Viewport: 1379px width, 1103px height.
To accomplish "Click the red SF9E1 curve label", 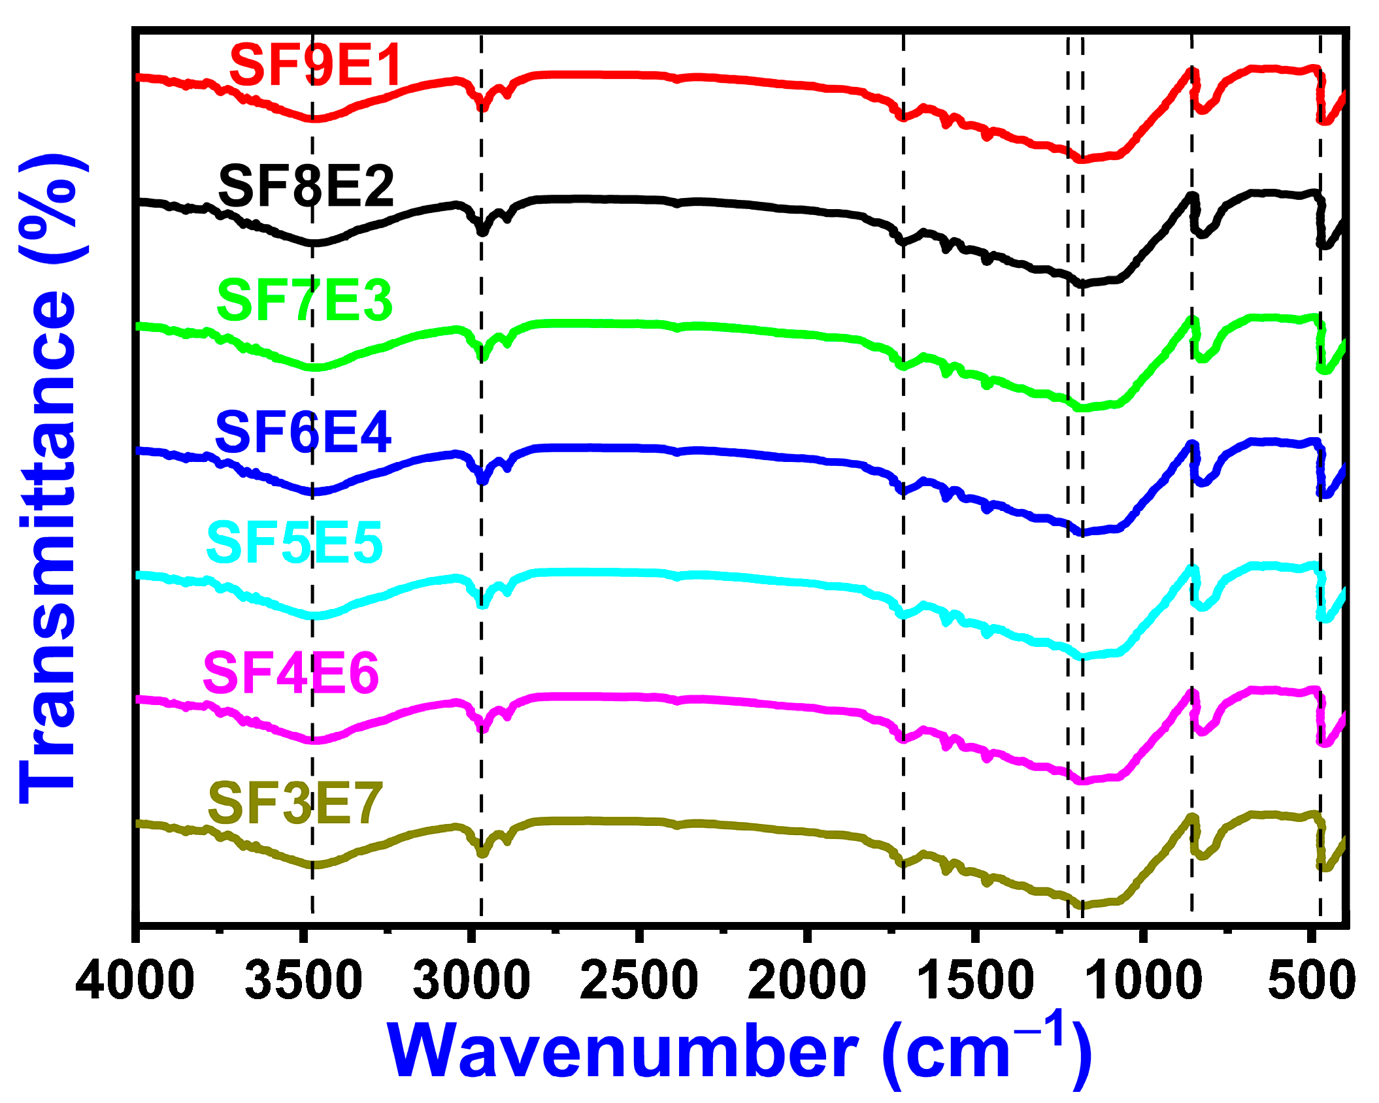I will click(x=315, y=65).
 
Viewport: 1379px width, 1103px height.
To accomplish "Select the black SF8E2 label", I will click(x=306, y=187).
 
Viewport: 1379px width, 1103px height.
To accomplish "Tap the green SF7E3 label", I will click(x=305, y=301).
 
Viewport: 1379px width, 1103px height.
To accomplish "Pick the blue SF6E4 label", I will click(x=303, y=432).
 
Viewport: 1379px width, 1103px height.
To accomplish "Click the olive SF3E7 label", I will click(x=295, y=804).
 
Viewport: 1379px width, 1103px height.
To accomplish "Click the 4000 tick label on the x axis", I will click(x=135, y=980).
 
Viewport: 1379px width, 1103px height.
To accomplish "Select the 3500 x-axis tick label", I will click(x=303, y=980).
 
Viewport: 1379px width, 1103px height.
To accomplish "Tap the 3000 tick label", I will click(x=471, y=980).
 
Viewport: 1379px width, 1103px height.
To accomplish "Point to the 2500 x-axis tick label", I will click(x=639, y=980).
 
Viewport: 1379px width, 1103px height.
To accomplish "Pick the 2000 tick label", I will click(x=807, y=980).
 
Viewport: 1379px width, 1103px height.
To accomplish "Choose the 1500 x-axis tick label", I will click(x=975, y=980).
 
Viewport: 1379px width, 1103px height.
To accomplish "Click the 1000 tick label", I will click(x=1143, y=980).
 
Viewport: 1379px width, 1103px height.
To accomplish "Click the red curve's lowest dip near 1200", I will click(x=1082, y=159).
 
